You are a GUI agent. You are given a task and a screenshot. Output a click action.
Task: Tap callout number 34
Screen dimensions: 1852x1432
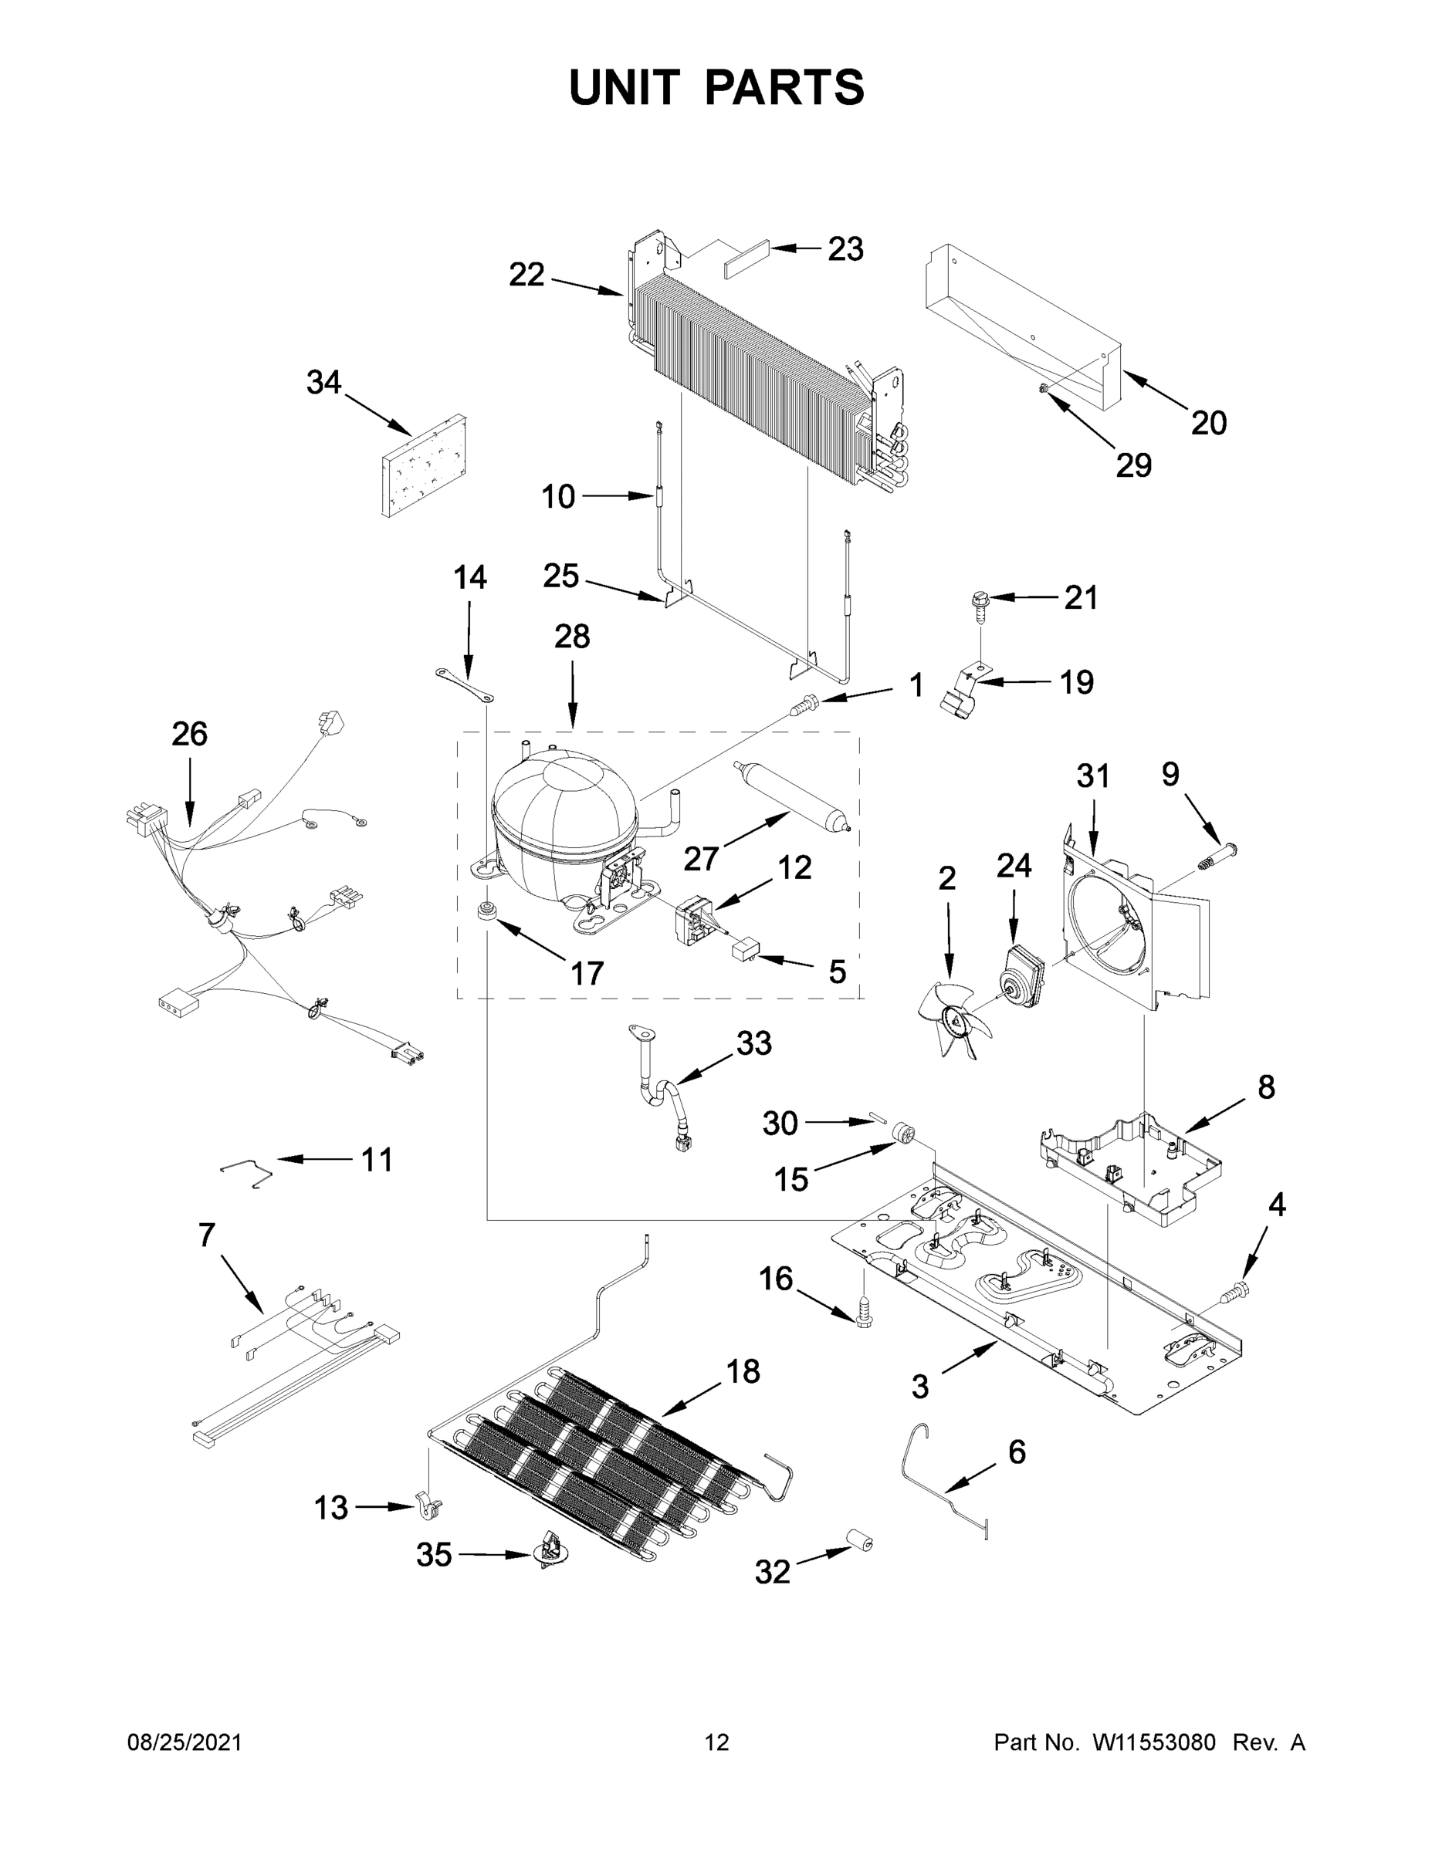click(x=323, y=383)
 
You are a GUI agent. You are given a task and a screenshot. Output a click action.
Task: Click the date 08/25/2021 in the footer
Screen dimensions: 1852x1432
click(x=184, y=1743)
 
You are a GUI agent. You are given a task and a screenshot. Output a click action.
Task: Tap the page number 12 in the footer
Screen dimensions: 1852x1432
click(x=717, y=1743)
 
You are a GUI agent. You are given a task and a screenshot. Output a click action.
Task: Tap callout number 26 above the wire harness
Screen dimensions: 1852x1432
click(x=189, y=734)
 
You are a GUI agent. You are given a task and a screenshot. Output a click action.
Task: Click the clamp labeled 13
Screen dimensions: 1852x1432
click(x=431, y=1507)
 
